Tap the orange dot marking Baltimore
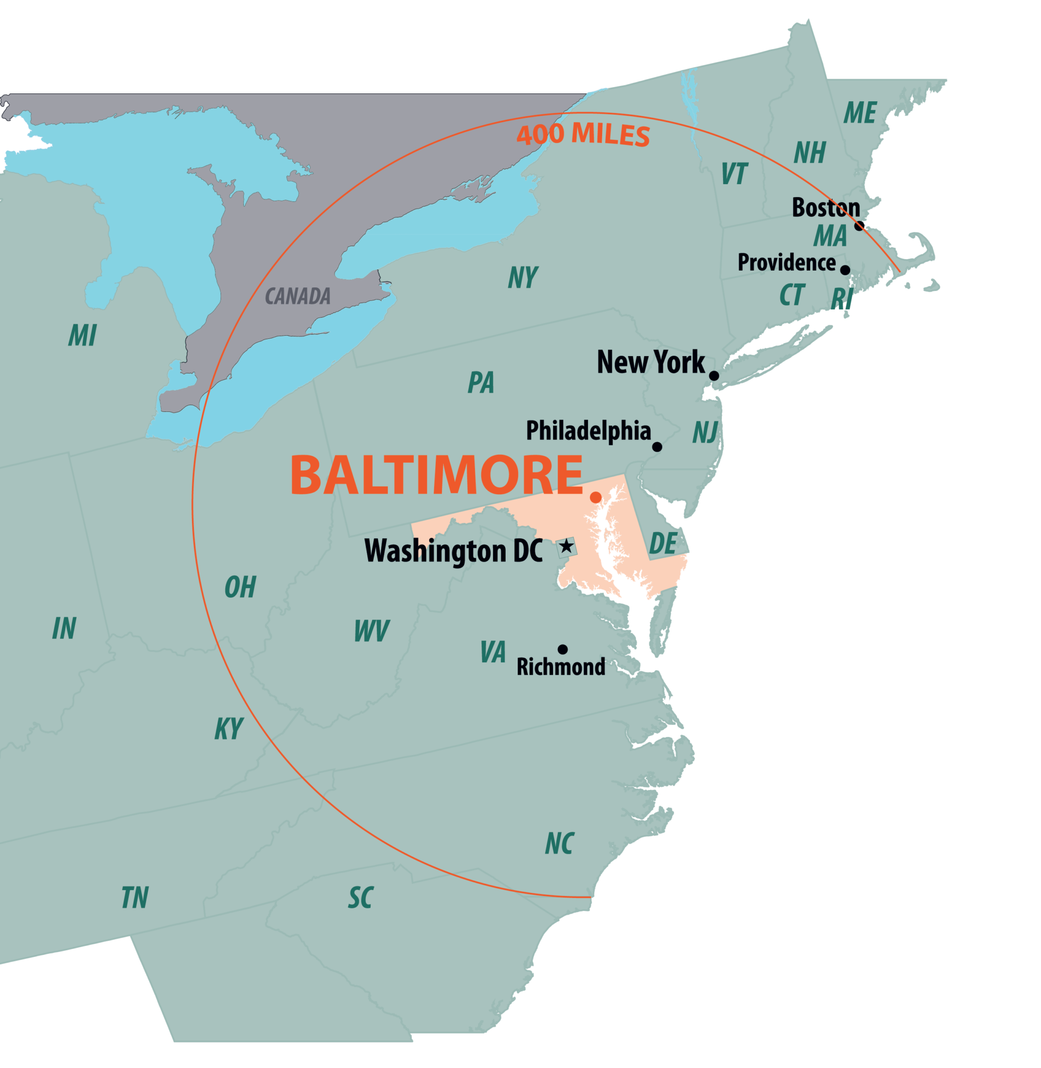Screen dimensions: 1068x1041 click(596, 497)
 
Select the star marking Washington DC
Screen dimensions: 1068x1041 click(567, 546)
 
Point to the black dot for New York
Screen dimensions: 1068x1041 click(714, 375)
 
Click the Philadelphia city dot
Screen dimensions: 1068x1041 click(657, 447)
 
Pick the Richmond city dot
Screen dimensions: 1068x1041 click(562, 649)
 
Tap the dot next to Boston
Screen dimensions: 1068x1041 click(859, 225)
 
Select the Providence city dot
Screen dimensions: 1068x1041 click(844, 270)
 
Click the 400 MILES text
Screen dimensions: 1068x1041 click(583, 135)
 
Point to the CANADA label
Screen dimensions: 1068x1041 click(298, 296)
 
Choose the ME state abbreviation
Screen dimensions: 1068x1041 click(860, 113)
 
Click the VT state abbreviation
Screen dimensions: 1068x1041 click(734, 174)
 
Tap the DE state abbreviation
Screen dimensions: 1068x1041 click(663, 543)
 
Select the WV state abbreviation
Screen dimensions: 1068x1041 click(371, 631)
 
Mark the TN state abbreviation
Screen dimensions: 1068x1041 click(134, 897)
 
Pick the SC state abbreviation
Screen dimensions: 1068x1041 click(361, 897)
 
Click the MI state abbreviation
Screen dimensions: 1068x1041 click(82, 335)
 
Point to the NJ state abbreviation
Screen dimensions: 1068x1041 click(705, 432)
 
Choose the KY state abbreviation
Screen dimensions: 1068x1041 click(228, 729)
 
